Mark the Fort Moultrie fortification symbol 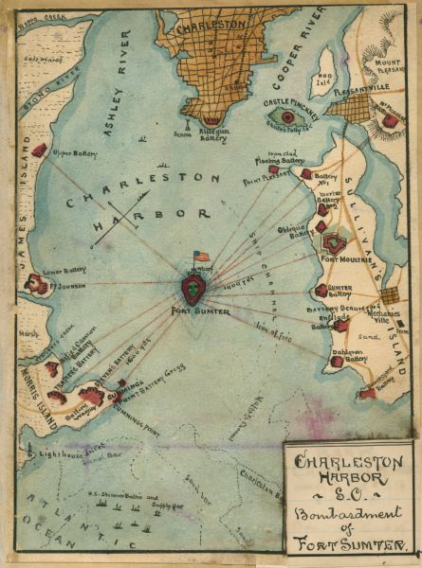pyautogui.click(x=332, y=246)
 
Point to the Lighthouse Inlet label pyautogui.click(x=70, y=455)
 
